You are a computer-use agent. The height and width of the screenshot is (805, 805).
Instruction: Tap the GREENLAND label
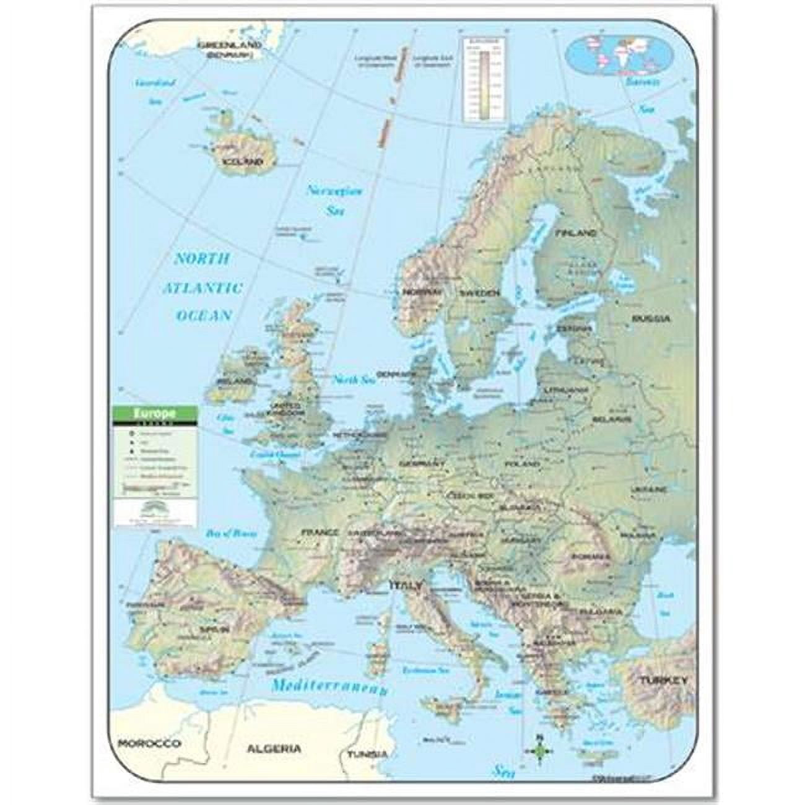(228, 45)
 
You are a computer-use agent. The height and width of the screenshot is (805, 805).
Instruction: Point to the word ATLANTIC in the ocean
(202, 287)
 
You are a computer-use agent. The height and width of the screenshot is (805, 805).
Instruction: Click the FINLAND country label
(577, 233)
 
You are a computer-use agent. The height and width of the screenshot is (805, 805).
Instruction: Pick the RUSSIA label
(651, 319)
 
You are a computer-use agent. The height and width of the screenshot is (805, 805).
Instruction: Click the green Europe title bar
(155, 412)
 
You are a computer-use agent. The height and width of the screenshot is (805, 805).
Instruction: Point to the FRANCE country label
(320, 532)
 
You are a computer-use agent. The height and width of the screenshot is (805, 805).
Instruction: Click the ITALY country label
(406, 585)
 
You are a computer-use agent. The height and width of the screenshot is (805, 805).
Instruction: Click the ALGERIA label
(274, 749)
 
